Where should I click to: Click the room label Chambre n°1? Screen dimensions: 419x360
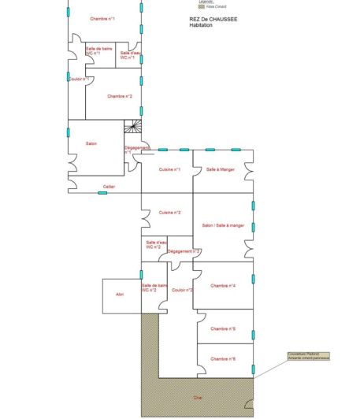coord(102,19)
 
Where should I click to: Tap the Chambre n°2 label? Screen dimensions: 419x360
coord(120,96)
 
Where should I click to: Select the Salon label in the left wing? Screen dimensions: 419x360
coord(91,143)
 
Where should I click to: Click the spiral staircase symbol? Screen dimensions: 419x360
coord(133,127)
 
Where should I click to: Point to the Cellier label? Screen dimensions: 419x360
coord(109,187)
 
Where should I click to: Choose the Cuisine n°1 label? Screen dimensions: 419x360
coord(169,169)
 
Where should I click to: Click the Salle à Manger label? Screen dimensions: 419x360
coord(220,169)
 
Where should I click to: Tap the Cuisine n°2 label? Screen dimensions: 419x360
coord(169,213)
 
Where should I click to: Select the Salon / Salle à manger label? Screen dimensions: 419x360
coord(223,225)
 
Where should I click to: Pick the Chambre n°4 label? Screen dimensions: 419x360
coord(223,286)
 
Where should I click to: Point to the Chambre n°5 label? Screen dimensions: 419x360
coord(223,328)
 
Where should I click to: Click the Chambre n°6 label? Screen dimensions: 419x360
coord(223,358)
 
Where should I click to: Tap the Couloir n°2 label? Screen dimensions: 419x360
coord(183,290)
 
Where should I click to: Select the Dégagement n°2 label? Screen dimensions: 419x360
coord(184,250)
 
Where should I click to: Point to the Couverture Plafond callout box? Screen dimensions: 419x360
coord(308,356)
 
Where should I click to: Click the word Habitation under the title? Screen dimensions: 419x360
coord(201,26)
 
